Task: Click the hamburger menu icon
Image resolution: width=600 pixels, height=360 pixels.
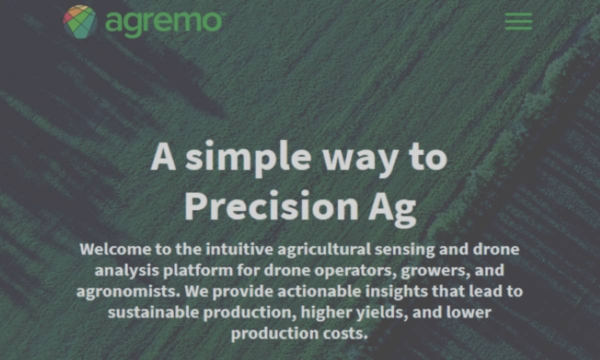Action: pyautogui.click(x=518, y=21)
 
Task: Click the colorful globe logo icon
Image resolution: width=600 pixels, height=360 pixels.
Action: pyautogui.click(x=80, y=21)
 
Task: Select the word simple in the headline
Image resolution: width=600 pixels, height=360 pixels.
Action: pyautogui.click(x=248, y=158)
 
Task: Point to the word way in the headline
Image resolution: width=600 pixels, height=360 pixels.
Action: pyautogui.click(x=360, y=162)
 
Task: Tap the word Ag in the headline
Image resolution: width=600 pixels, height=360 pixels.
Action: pyautogui.click(x=392, y=209)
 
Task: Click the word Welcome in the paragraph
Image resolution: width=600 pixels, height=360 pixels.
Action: pyautogui.click(x=115, y=249)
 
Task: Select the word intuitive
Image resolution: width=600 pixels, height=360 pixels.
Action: pyautogui.click(x=239, y=249)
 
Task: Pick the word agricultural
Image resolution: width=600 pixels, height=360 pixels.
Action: pyautogui.click(x=324, y=250)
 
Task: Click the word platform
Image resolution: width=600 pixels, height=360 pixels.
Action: pyautogui.click(x=198, y=271)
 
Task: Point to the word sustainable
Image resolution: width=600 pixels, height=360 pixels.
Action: pyautogui.click(x=153, y=312)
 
